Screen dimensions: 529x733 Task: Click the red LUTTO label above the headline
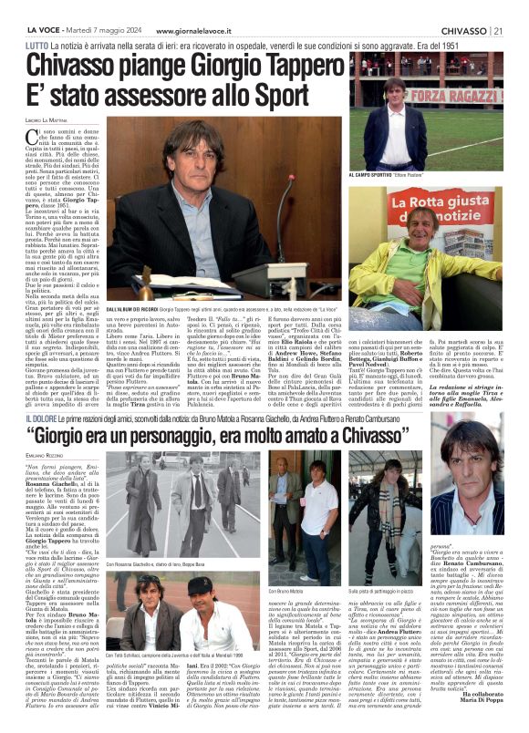pyautogui.click(x=37, y=46)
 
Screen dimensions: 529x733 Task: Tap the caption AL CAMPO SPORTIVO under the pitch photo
pyautogui.click(x=374, y=173)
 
